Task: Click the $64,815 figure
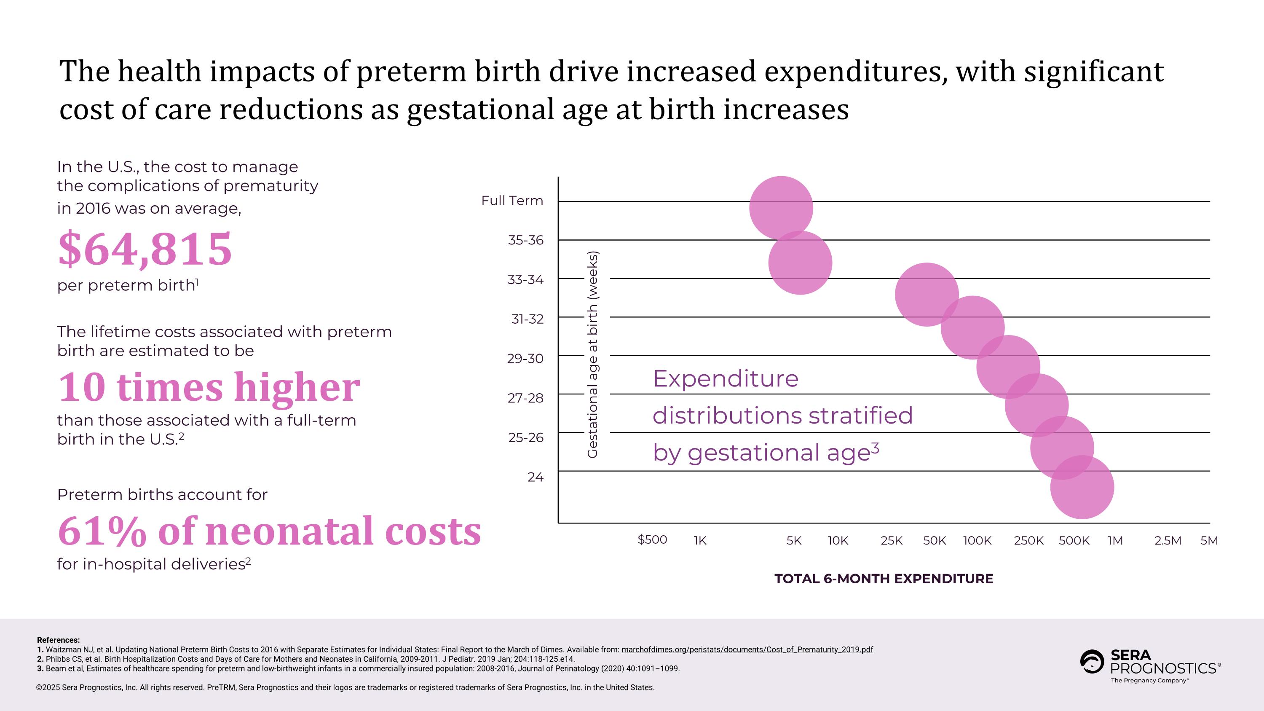click(145, 249)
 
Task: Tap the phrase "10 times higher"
click(209, 387)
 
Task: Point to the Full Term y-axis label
click(512, 201)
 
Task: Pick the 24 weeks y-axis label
click(536, 477)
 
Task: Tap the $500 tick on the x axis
click(652, 540)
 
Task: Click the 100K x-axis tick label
click(977, 541)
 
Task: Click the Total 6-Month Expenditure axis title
click(884, 579)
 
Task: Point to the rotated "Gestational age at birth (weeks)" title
click(593, 355)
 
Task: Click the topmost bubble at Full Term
click(781, 208)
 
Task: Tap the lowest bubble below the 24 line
click(1082, 487)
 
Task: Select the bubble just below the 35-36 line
click(800, 263)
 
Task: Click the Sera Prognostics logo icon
click(1092, 662)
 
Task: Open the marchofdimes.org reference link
click(747, 649)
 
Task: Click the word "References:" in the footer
click(58, 640)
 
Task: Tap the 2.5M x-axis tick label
click(1168, 541)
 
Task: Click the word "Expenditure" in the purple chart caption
click(725, 379)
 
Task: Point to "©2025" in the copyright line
click(48, 687)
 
